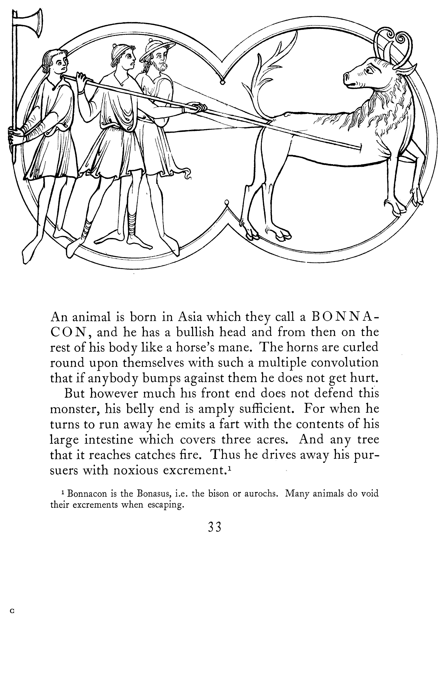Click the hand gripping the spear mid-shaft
pos(197,107)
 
